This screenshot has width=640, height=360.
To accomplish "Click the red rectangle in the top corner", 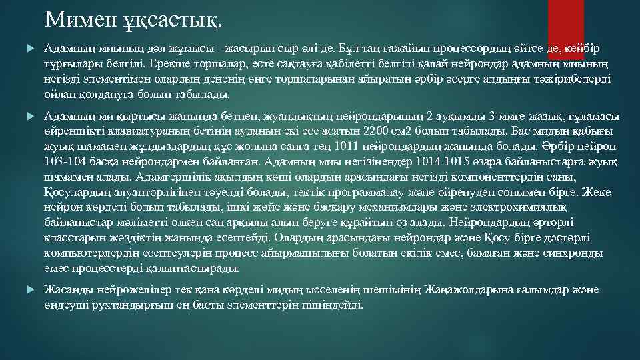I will point(565,20).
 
